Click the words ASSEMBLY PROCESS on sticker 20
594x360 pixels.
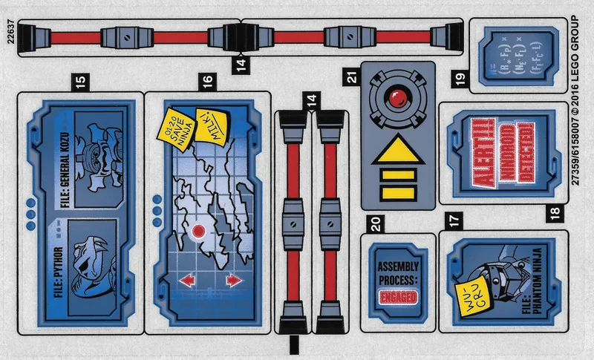click(x=398, y=273)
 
